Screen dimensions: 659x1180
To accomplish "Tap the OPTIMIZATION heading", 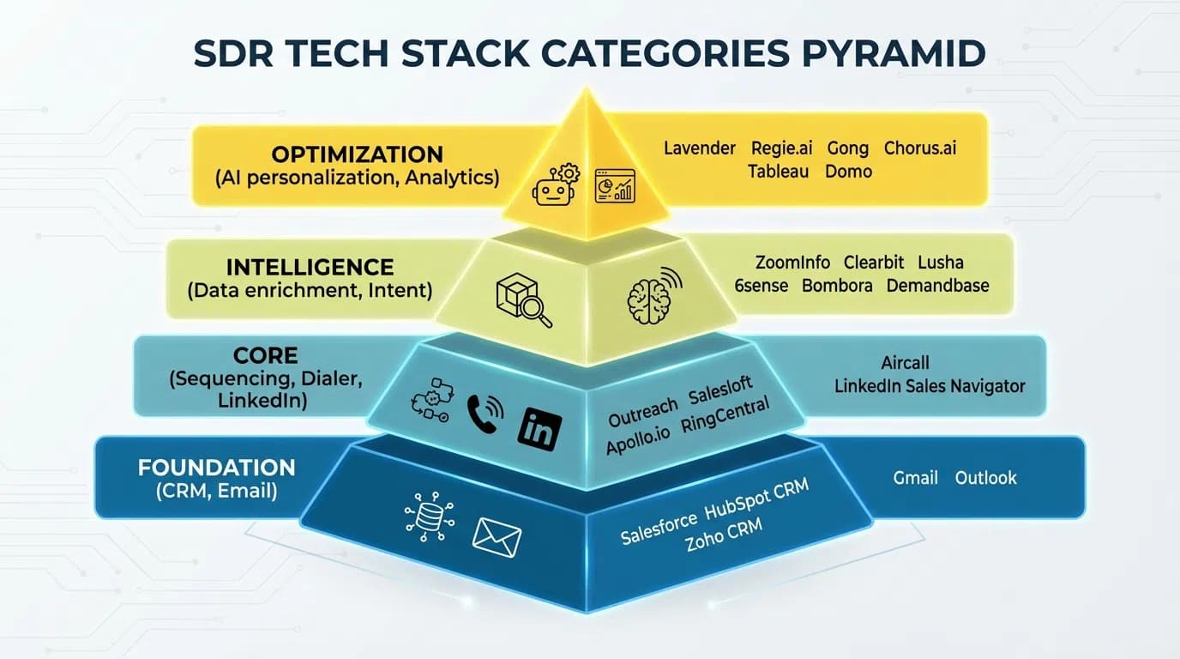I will pos(357,154).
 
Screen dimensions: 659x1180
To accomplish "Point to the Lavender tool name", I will pos(700,148).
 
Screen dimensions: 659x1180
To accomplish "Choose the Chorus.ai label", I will pos(920,148).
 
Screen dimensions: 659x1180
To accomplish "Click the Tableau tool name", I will pos(778,172).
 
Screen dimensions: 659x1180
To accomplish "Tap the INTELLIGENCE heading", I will pos(310,267).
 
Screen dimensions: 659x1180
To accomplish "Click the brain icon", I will pos(653,296).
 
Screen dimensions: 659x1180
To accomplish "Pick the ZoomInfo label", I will pos(792,263).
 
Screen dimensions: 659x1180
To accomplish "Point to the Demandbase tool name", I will pos(937,286).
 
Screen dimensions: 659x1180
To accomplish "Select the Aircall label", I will pos(905,363).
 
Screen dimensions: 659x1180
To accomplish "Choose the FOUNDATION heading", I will pos(216,469).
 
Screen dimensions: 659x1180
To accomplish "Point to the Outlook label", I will pos(985,478).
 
